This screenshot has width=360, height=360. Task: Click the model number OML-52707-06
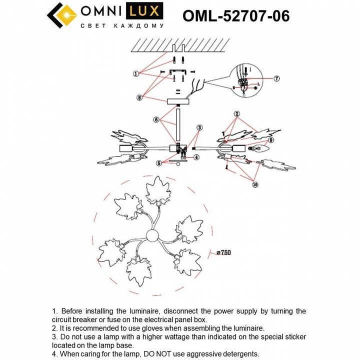click(x=236, y=16)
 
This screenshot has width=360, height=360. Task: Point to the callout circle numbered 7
click(x=276, y=78)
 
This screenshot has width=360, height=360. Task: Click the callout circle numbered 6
click(x=156, y=119)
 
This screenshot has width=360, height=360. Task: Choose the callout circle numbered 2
click(x=237, y=113)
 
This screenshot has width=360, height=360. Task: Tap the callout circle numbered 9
click(x=272, y=140)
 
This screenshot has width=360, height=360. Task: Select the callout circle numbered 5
click(x=159, y=162)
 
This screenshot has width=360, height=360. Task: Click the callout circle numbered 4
click(x=196, y=157)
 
